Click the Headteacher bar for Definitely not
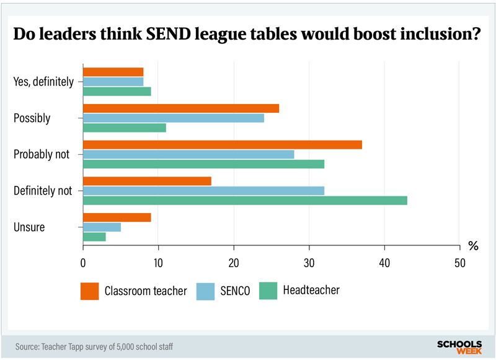click(245, 200)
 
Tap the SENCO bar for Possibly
click(174, 118)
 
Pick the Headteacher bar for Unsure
click(94, 237)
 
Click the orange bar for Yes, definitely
click(113, 72)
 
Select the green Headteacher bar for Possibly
click(125, 128)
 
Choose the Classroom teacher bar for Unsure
click(117, 217)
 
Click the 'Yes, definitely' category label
click(43, 81)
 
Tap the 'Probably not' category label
click(42, 154)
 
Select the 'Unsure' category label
click(29, 227)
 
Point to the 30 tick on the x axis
click(309, 262)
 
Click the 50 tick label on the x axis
click(459, 262)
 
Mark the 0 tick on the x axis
click(83, 262)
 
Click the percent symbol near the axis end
click(473, 246)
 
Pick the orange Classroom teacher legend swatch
click(90, 291)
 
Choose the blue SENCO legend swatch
click(205, 291)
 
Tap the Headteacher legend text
click(311, 290)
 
